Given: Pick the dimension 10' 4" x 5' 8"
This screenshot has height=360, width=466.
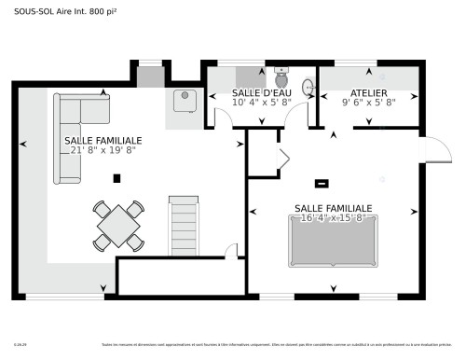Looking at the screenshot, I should coord(260,104).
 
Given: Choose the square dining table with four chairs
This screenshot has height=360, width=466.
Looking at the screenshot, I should coord(118,225).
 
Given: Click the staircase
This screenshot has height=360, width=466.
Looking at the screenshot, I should coord(184,224).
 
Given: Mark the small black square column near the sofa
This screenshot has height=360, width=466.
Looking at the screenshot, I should coord(116,177).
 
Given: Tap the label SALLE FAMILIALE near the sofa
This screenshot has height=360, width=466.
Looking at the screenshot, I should coord(103,140).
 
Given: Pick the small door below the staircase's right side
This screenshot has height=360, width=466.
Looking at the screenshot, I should coord(230,250).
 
